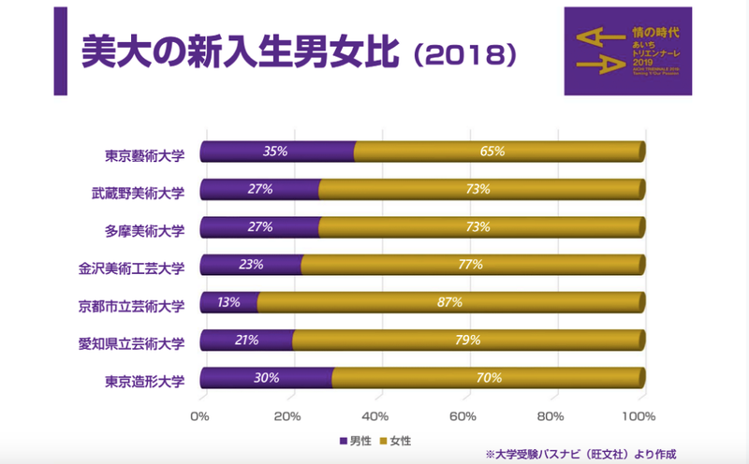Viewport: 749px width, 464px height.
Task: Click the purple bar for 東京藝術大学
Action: (x=278, y=151)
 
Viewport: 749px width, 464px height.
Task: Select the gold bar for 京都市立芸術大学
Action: (x=449, y=303)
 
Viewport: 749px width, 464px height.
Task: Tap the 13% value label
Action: (x=228, y=303)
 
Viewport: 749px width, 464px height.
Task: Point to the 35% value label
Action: (x=275, y=151)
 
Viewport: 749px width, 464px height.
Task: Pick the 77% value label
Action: (x=470, y=265)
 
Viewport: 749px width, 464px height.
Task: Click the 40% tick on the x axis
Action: (x=375, y=415)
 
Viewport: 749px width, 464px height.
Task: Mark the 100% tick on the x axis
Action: (x=641, y=415)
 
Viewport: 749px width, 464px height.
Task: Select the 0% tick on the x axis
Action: (x=199, y=415)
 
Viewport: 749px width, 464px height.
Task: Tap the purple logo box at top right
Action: (x=627, y=51)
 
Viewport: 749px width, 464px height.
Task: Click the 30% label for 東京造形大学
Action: (x=267, y=379)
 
